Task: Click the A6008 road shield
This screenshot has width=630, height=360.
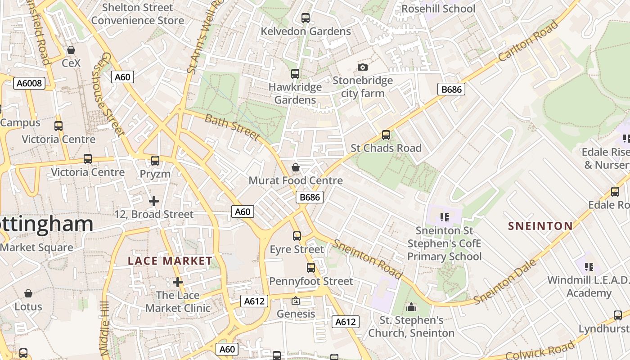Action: pos(29,83)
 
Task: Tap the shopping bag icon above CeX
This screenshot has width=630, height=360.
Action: pos(71,49)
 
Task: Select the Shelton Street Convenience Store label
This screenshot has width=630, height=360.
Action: pos(137,14)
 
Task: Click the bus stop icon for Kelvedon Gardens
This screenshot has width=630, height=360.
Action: pos(306,18)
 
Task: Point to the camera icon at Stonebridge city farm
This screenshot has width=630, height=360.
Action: pos(362,67)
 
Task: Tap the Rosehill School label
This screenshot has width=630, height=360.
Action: pos(438,9)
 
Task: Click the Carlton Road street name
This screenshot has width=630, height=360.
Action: pos(528,41)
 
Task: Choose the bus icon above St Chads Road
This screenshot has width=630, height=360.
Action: pos(386,135)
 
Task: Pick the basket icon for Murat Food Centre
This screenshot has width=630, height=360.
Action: pos(296,167)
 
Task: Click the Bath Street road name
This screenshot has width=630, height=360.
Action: pos(232,127)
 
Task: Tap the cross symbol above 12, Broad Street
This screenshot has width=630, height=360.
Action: pos(154,201)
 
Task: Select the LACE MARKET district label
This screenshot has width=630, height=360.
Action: pos(170,261)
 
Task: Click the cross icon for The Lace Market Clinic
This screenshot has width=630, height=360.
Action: pos(178,282)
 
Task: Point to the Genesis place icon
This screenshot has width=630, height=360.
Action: pos(296,301)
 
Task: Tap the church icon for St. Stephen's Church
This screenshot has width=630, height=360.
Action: pos(411,307)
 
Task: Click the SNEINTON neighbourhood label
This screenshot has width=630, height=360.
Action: pos(540,226)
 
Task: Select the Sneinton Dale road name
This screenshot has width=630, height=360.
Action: pos(506,282)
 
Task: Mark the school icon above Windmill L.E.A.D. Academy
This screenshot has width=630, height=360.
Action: pos(589,266)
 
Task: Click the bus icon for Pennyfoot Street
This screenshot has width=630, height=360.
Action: pos(310,268)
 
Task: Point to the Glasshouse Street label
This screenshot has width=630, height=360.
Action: pos(108,94)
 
